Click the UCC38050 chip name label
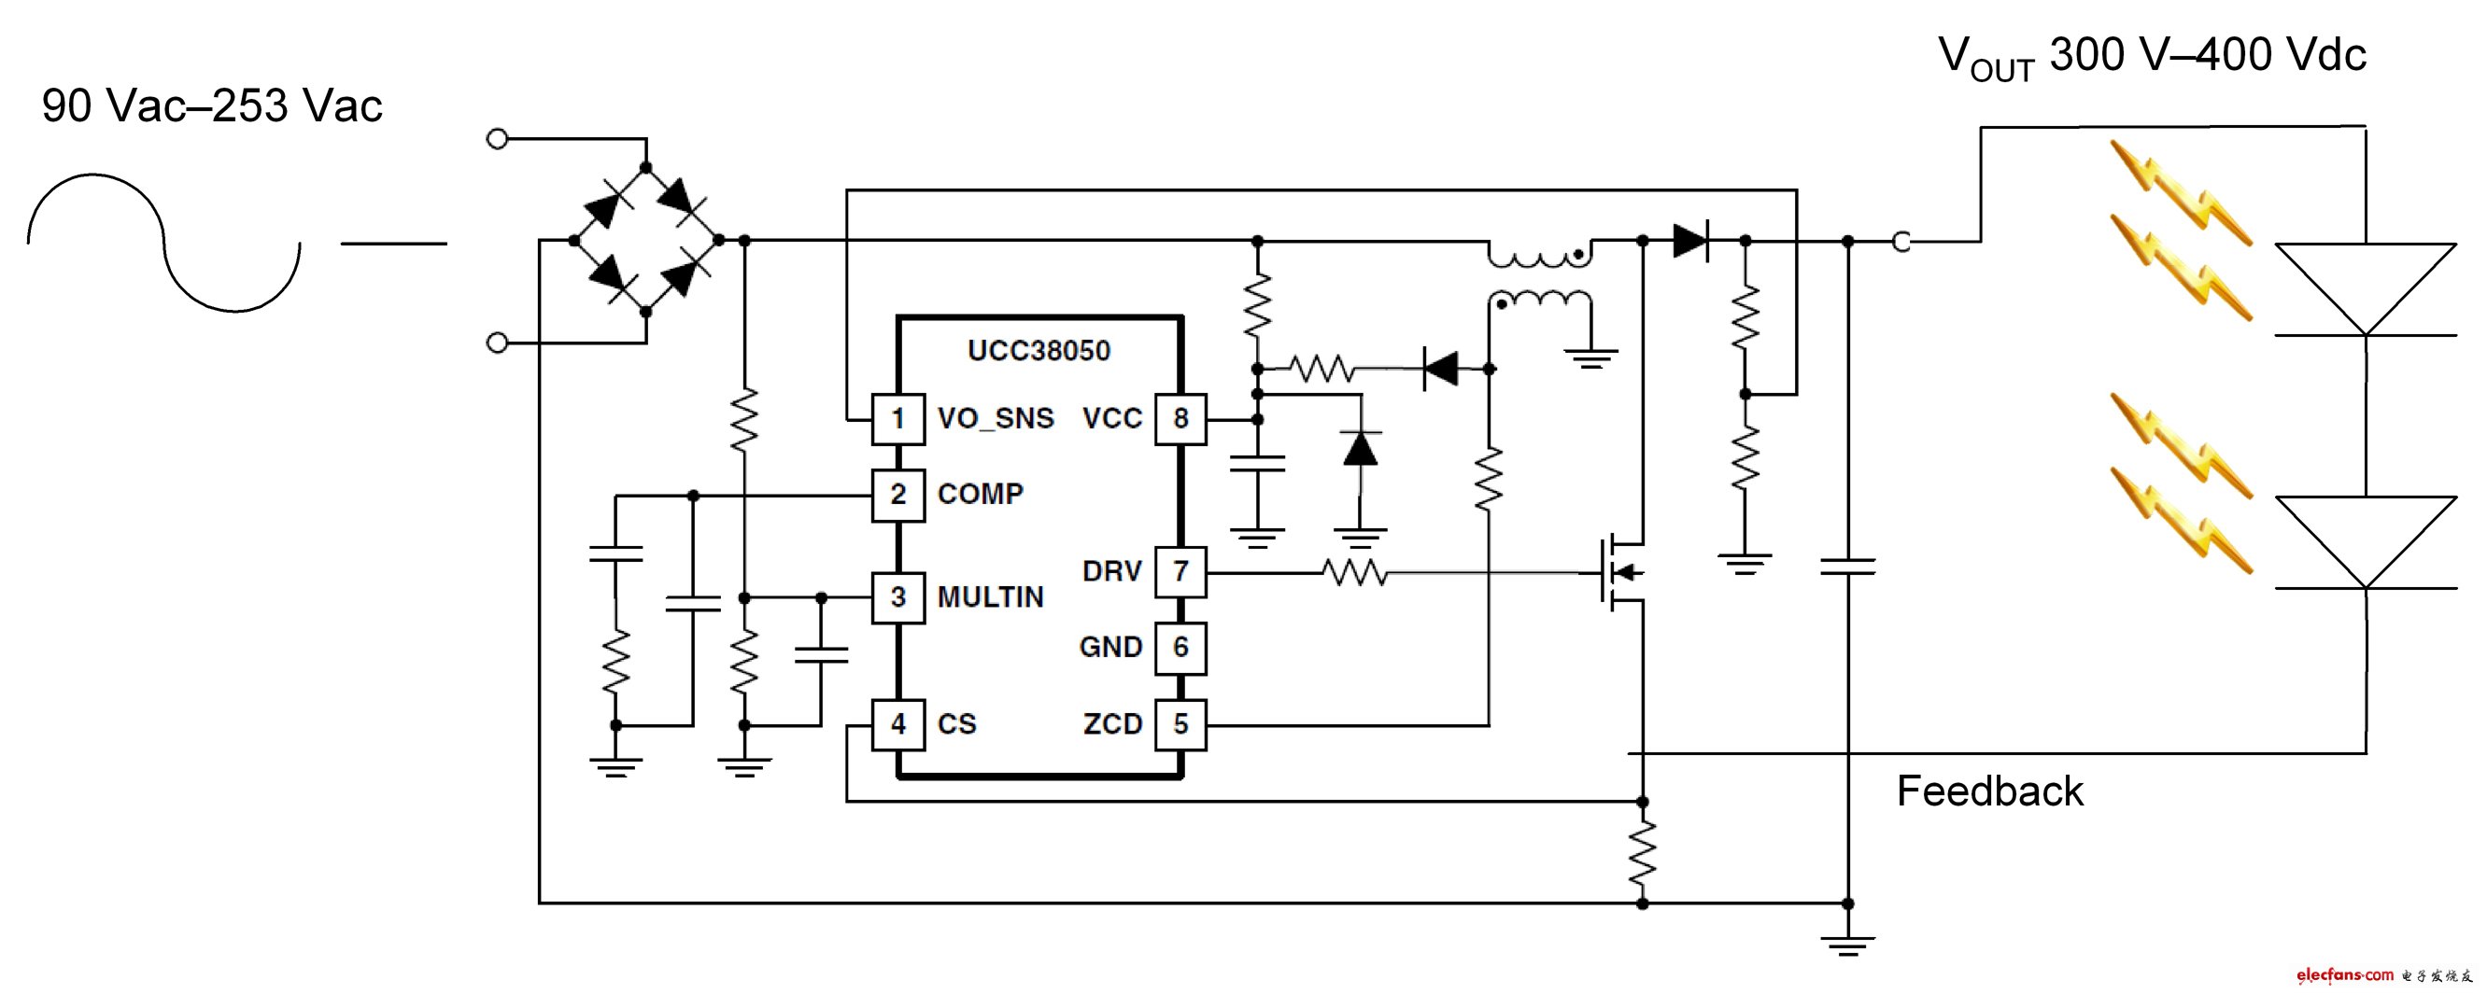click(x=1039, y=350)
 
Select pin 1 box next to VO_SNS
click(x=897, y=419)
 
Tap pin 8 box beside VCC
click(x=1180, y=419)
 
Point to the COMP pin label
click(x=980, y=494)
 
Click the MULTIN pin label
click(x=991, y=597)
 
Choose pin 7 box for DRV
click(x=1180, y=571)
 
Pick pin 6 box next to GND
click(x=1180, y=647)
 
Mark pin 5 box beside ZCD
click(x=1180, y=723)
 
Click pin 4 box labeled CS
click(x=897, y=723)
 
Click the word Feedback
click(x=1989, y=791)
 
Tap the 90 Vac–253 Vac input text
click(x=212, y=106)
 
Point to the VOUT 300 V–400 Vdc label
click(x=2152, y=56)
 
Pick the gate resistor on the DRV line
click(x=1354, y=573)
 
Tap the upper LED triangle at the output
click(x=2366, y=288)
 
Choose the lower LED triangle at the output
click(x=2366, y=541)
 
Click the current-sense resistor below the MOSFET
click(x=1642, y=853)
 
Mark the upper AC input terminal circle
click(x=497, y=139)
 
